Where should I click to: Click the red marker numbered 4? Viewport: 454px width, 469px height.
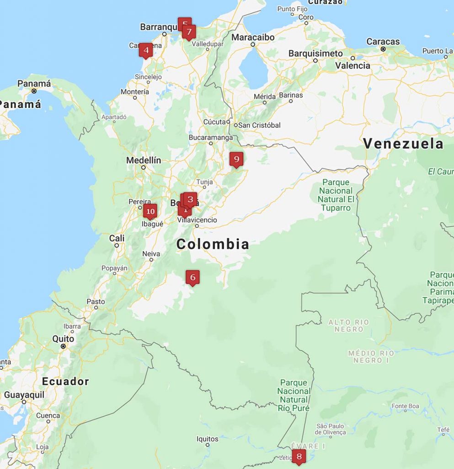[x=146, y=50]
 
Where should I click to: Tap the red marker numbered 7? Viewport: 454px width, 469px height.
[x=189, y=32]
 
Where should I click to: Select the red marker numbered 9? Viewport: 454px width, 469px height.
[x=236, y=159]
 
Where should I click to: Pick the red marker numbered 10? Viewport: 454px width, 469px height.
[x=150, y=211]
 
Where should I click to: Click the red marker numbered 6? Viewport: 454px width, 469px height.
[x=192, y=277]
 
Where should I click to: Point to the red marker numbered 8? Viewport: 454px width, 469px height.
[x=299, y=456]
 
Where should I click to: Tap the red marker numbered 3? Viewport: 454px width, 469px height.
[x=190, y=199]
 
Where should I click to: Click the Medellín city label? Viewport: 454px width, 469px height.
[x=144, y=160]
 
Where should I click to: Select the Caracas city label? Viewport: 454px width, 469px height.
[x=383, y=42]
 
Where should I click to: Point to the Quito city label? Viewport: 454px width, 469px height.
[x=63, y=339]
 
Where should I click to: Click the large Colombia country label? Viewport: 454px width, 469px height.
[x=213, y=244]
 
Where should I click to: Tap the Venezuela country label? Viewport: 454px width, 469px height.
[x=403, y=144]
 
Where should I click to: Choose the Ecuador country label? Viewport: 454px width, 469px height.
[x=65, y=382]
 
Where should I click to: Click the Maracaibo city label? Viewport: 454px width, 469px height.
[x=253, y=37]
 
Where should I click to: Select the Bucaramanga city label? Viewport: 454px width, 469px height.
[x=211, y=137]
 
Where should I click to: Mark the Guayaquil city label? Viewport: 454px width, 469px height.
[x=24, y=395]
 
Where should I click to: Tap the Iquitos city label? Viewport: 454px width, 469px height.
[x=207, y=439]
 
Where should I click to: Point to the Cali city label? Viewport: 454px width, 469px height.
[x=117, y=238]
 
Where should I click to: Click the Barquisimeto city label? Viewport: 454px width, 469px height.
[x=315, y=54]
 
